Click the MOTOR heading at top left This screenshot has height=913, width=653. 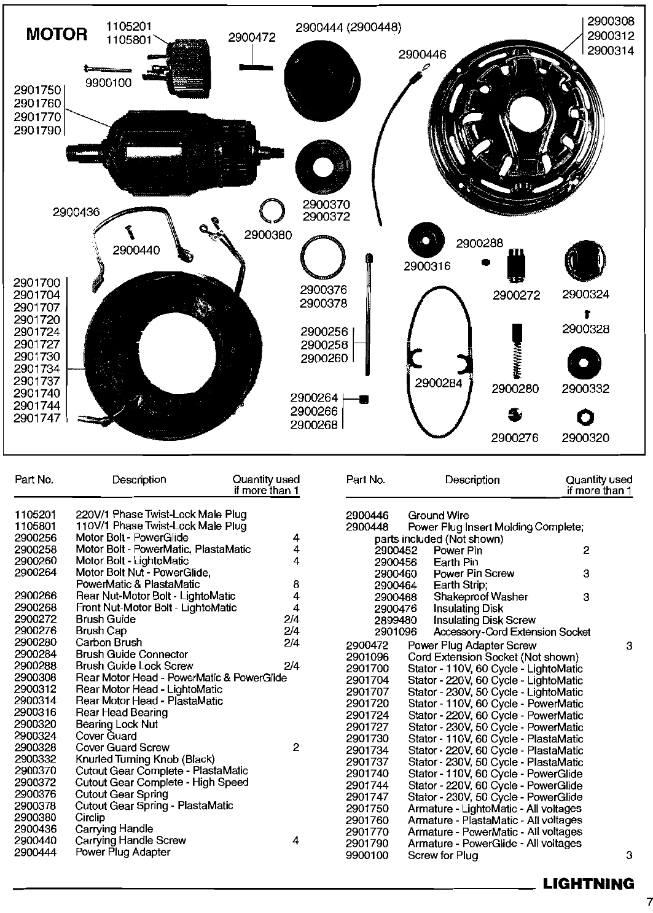point(57,34)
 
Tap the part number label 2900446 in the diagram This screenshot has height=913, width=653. point(422,55)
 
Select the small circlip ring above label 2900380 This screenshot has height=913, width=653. point(271,211)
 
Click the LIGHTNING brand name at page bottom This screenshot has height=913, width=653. point(588,884)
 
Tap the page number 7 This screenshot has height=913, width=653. point(648,902)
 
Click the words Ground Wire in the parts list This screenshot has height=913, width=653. point(438,516)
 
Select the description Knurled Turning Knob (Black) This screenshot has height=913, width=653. point(145,759)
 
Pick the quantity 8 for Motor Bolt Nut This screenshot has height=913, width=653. point(296,585)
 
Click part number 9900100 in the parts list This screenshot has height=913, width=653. point(367,855)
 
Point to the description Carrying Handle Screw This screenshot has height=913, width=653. point(130,841)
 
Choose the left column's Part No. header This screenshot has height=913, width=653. point(34,480)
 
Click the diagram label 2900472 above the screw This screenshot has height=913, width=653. point(252,37)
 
